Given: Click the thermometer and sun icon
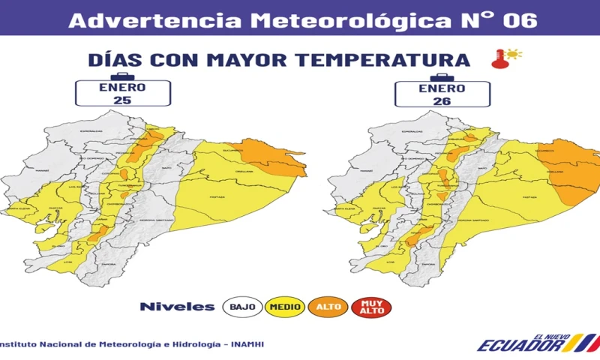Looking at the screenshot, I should point(507,58).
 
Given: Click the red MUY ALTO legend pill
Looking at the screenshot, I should point(371,306).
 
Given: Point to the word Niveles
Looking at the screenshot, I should point(177,306).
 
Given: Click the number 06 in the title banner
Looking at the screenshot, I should point(520,20).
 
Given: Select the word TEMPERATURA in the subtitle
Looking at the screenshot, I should point(385,59).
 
